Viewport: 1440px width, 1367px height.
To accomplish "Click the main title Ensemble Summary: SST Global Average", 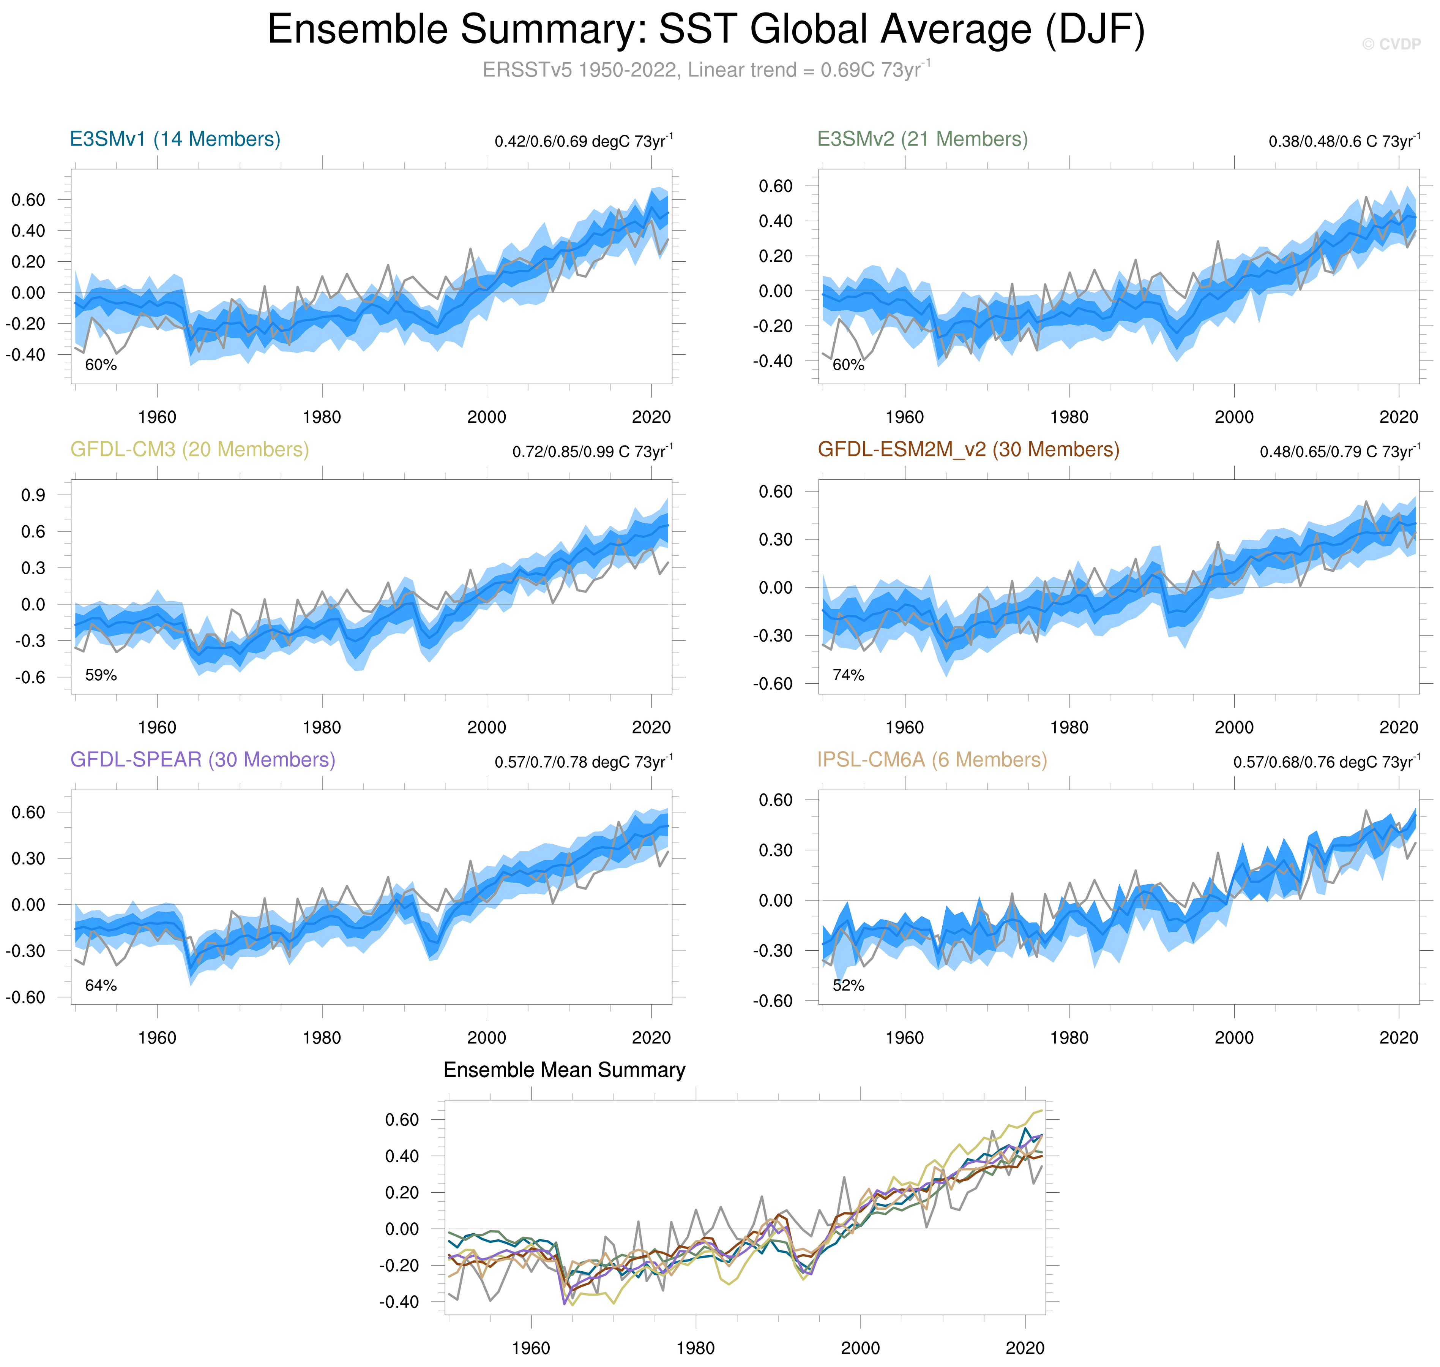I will click(x=705, y=31).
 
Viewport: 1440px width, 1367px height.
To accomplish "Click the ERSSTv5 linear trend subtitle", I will click(x=705, y=70).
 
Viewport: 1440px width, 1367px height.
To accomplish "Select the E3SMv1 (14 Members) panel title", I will click(x=175, y=139).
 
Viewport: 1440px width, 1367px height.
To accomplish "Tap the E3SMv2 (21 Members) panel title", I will click(x=922, y=139).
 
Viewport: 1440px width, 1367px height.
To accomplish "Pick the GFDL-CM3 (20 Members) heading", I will click(x=189, y=450).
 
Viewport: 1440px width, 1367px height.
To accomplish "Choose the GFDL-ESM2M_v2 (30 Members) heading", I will click(x=968, y=450).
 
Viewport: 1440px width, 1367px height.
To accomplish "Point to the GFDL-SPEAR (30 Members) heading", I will click(x=202, y=760).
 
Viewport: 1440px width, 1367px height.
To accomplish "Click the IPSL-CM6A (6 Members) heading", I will click(x=932, y=760).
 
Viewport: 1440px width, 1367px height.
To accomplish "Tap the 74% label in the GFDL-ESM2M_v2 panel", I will click(x=848, y=675).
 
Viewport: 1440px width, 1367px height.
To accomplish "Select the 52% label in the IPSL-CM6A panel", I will click(x=848, y=986).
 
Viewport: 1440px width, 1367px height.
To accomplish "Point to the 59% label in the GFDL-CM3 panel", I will click(x=101, y=675).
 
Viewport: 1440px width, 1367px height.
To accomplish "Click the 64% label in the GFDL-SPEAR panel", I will click(x=101, y=986).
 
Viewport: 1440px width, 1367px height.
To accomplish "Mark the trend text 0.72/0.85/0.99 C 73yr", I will click(x=591, y=451).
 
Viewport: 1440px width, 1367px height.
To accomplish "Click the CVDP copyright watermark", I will click(x=1391, y=44).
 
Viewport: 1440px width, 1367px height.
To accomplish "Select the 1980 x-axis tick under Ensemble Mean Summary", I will click(x=696, y=1348).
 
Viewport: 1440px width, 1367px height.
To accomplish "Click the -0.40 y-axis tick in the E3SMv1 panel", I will click(x=25, y=355).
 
